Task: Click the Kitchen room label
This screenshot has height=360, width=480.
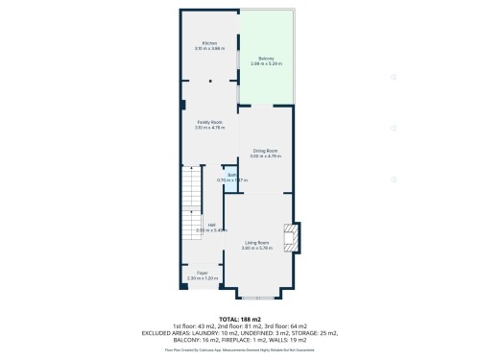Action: [209, 42]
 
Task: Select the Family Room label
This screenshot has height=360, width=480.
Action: [209, 122]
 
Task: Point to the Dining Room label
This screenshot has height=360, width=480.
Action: [265, 151]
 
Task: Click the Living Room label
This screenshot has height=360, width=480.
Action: [257, 243]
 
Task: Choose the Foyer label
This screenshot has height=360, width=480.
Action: [203, 274]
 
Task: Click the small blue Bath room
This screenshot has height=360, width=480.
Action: [232, 178]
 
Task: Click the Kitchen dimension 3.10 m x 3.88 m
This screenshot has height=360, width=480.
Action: [209, 48]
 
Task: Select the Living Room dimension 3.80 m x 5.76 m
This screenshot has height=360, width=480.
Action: [257, 249]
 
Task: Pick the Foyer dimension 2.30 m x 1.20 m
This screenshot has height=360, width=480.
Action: [203, 279]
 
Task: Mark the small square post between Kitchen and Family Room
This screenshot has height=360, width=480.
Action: [209, 83]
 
